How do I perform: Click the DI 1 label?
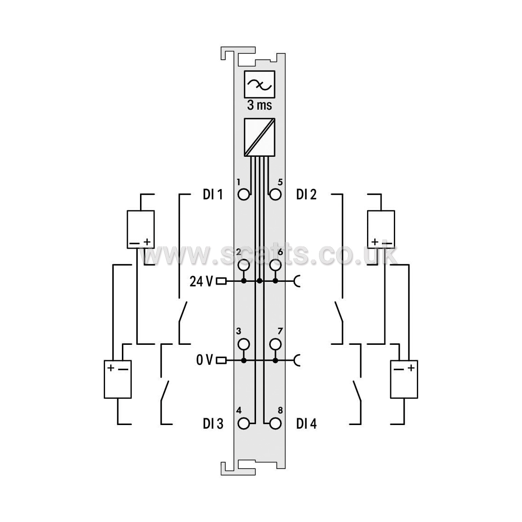pos(213,194)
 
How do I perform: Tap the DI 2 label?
pos(306,194)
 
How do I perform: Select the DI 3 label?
pos(213,424)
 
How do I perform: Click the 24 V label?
pos(201,281)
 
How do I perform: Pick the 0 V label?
pos(204,360)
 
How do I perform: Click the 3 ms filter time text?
pos(260,105)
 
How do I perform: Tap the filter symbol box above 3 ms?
pos(260,85)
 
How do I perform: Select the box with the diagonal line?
pos(260,137)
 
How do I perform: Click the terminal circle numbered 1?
pos(244,194)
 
